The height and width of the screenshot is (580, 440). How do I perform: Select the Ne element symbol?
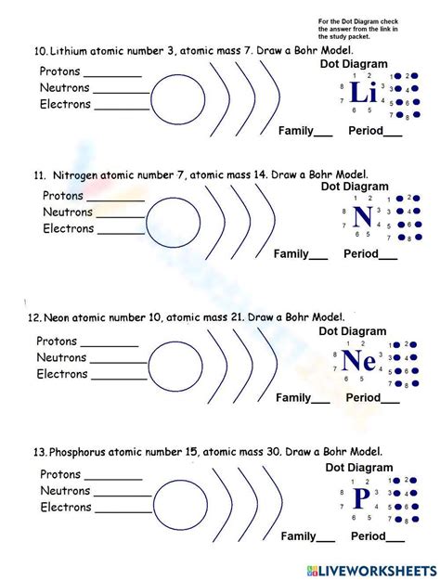tap(358, 360)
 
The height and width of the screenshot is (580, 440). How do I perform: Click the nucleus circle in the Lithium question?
tap(173, 97)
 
